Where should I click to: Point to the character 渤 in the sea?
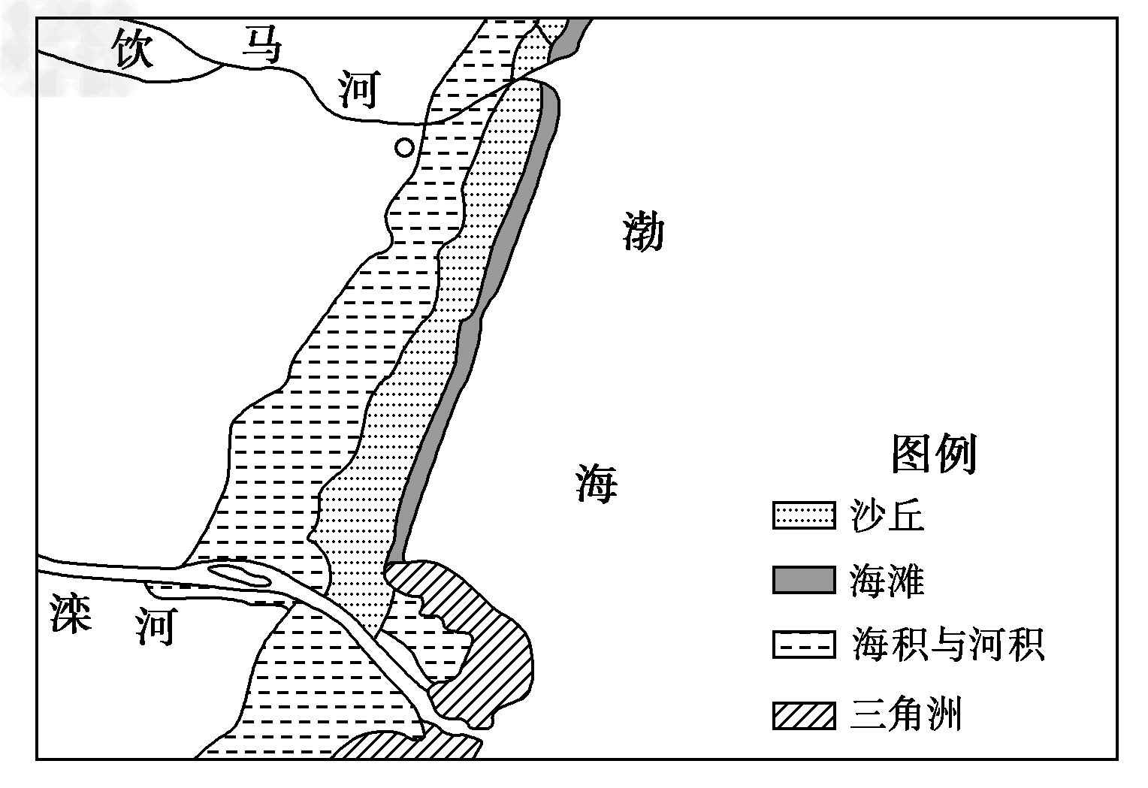(x=644, y=231)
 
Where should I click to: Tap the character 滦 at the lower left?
(x=71, y=613)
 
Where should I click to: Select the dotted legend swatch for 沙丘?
(x=803, y=517)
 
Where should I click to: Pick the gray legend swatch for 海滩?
(x=803, y=581)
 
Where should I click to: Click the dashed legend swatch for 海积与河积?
(x=803, y=645)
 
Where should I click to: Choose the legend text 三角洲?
(x=905, y=714)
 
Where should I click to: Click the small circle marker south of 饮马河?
(x=404, y=147)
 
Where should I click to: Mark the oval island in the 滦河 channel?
(x=240, y=577)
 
